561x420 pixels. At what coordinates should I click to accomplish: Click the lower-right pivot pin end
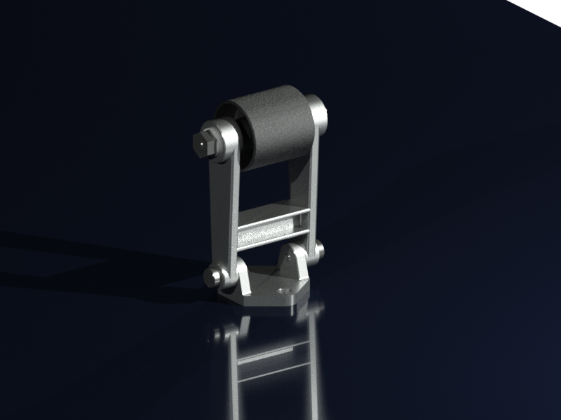coord(320,250)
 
